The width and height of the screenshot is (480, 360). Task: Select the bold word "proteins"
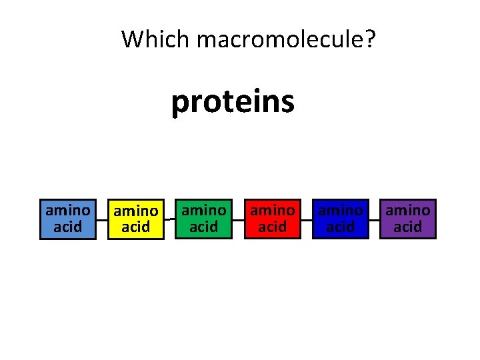tap(233, 102)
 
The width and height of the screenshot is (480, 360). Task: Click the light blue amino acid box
tap(68, 219)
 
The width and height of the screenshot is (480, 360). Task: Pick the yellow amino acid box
tap(136, 219)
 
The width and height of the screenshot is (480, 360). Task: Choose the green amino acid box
tap(204, 219)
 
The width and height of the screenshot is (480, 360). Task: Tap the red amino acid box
tap(272, 219)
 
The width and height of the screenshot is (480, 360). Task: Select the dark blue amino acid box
tap(340, 219)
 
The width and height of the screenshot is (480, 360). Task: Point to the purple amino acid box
tap(408, 219)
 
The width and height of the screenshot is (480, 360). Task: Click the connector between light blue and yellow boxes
tap(102, 219)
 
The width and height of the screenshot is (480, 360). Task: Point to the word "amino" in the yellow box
tap(136, 211)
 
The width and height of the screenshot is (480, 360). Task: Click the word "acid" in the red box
tap(272, 227)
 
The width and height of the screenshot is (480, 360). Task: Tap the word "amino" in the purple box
tap(408, 211)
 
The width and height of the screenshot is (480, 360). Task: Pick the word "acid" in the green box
tap(204, 227)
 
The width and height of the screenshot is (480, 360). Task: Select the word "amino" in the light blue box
tap(68, 211)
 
